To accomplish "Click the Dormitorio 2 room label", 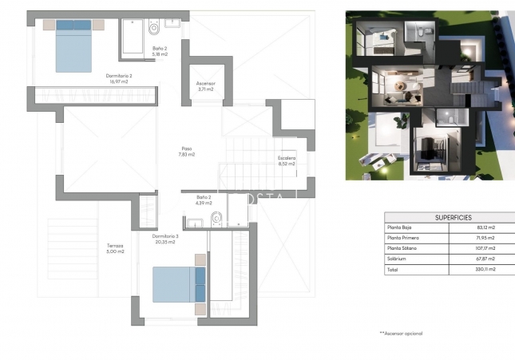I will [118, 77].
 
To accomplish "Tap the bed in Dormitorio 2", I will [74, 45].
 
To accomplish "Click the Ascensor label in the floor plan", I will [206, 86].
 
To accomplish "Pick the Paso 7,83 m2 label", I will [187, 151].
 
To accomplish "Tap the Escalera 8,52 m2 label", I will [287, 160].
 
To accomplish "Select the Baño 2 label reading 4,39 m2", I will [204, 200].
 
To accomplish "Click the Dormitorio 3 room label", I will [165, 239].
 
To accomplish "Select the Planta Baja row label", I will [402, 227].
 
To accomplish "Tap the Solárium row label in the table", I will [398, 259].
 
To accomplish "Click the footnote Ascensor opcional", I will [401, 333].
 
